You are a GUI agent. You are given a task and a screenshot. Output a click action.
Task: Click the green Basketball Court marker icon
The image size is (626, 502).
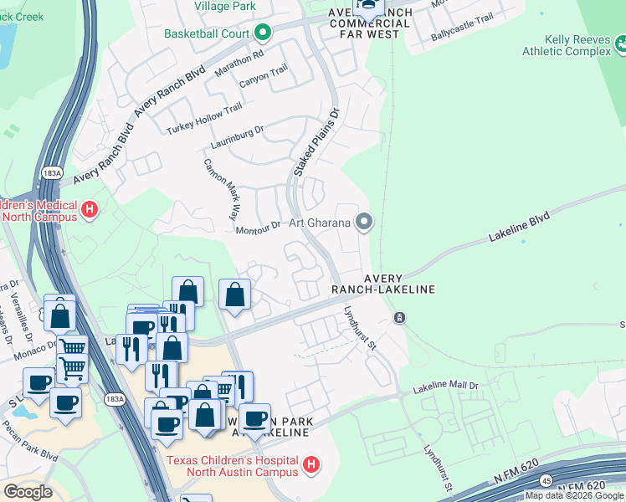click(263, 33)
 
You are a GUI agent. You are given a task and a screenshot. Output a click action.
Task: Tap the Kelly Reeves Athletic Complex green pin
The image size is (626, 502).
click(620, 41)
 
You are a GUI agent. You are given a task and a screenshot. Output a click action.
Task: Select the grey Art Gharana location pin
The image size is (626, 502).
click(363, 222)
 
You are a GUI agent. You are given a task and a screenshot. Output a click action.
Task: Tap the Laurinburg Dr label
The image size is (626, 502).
click(236, 133)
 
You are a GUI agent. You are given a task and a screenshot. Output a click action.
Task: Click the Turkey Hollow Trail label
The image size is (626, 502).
click(204, 118)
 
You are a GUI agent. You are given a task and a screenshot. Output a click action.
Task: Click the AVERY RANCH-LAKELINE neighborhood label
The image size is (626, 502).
click(382, 284)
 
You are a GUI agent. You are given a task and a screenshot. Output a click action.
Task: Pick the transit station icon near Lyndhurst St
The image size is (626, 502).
click(399, 318)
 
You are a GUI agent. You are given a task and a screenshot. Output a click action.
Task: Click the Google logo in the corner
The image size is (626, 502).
click(27, 491)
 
